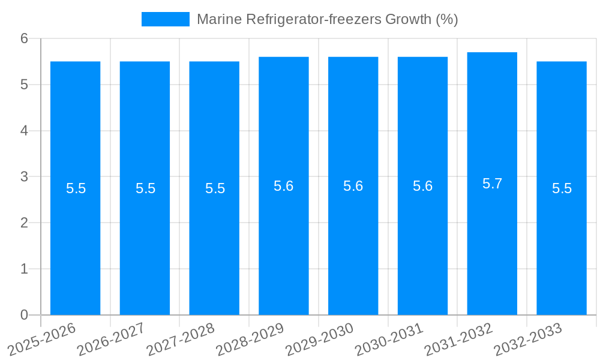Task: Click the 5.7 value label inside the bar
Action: pos(492,184)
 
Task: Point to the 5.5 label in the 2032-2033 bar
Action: pos(562,188)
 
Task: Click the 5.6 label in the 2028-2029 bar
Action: pos(283,186)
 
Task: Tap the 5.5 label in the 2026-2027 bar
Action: pos(145,188)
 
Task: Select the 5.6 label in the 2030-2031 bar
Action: pos(422,186)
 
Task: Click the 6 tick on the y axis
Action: pos(25,38)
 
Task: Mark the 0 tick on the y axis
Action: pos(25,315)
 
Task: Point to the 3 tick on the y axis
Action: pos(25,177)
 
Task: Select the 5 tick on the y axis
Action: pos(25,85)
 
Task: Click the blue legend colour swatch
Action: pos(165,19)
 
